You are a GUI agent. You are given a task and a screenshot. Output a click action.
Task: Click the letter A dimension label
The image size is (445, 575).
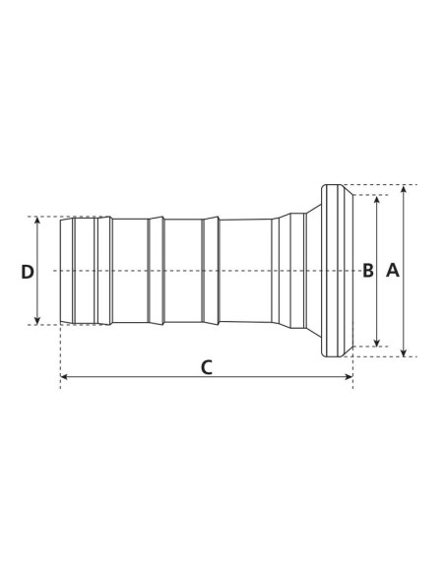pos(393,271)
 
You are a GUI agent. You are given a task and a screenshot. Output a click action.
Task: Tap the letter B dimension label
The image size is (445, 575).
pos(368,271)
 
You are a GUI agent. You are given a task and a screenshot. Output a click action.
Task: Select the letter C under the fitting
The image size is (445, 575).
pos(206,367)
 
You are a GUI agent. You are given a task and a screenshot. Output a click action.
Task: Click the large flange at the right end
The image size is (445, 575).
pos(337,271)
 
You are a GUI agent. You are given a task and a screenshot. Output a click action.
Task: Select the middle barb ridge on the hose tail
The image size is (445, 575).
pos(156,271)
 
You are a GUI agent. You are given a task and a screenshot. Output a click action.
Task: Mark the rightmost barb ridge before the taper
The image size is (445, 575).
pos(210,271)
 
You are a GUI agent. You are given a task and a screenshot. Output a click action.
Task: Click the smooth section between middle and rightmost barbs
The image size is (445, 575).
pos(182,271)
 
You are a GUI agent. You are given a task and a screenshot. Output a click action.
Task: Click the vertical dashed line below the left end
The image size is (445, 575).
pos(61,354)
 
